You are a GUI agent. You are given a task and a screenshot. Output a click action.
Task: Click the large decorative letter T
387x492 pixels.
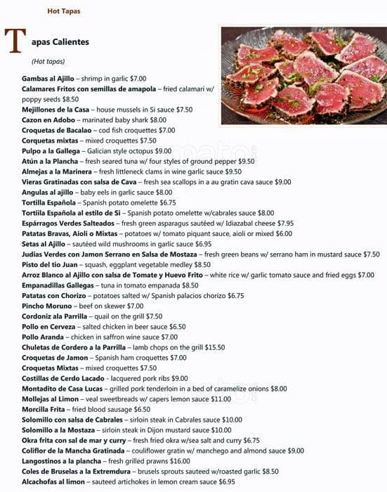(x=18, y=43)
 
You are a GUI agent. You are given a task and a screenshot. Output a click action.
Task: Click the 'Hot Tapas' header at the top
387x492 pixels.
(x=63, y=11)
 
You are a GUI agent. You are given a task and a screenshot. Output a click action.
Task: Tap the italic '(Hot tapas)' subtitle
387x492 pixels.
(x=48, y=62)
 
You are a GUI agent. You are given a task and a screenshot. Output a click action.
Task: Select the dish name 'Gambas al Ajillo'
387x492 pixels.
(x=48, y=79)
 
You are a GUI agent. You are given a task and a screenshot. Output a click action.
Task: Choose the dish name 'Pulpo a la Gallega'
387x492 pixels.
(x=51, y=151)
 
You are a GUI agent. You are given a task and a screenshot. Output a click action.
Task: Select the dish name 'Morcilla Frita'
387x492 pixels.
(x=45, y=409)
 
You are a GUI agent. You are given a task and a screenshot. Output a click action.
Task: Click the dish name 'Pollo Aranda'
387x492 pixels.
(x=43, y=337)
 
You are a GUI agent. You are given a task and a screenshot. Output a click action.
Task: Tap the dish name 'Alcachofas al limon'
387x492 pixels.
(x=53, y=481)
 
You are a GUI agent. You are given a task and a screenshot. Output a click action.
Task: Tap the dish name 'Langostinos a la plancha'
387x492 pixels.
(x=61, y=461)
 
